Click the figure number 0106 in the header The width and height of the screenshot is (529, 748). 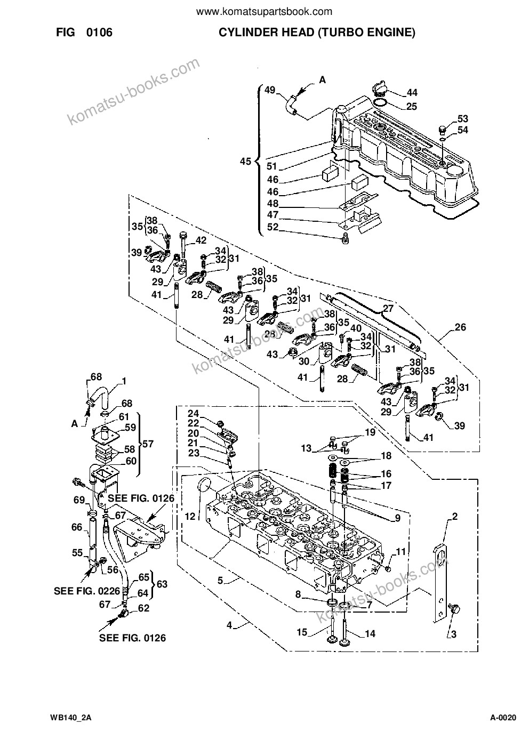click(99, 33)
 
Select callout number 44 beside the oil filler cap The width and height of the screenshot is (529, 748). click(412, 92)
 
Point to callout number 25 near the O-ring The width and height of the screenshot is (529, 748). click(412, 106)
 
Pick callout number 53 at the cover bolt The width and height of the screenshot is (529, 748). click(462, 118)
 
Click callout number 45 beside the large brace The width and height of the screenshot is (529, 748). click(245, 162)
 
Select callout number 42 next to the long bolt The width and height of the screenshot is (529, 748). click(201, 240)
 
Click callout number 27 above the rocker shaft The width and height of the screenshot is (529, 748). click(388, 308)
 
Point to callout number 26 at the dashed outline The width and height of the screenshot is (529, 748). click(460, 327)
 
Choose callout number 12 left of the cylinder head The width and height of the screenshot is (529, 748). click(190, 517)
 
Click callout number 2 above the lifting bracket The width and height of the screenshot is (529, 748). click(454, 517)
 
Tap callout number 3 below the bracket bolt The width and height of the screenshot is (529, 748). click(454, 634)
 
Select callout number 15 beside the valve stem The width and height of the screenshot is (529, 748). click(302, 633)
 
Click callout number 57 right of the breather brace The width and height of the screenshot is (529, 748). click(148, 444)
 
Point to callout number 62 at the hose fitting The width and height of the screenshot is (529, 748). click(143, 608)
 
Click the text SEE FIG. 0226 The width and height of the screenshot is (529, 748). click(87, 591)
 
